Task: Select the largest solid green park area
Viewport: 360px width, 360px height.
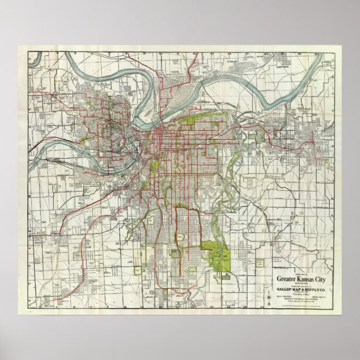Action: click(215, 252)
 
